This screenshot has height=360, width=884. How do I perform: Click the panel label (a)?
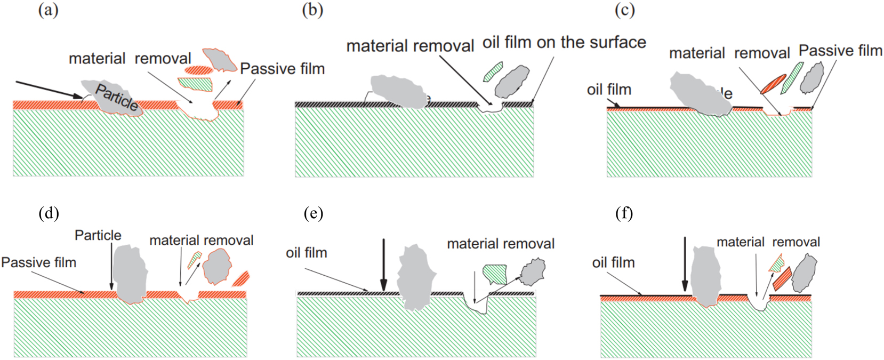click(x=48, y=10)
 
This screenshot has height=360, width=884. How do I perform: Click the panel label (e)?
click(x=314, y=213)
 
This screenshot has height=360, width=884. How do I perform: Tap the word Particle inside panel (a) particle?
click(x=117, y=98)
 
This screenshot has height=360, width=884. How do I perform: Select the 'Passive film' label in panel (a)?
click(x=282, y=69)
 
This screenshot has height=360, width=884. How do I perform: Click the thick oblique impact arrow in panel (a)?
click(x=48, y=89)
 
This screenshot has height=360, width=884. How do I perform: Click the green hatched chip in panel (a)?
click(x=195, y=83)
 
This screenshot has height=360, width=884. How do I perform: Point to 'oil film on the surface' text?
click(x=564, y=43)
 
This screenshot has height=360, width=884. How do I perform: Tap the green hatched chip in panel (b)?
click(x=493, y=71)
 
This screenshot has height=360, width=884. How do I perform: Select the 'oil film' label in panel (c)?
click(x=609, y=90)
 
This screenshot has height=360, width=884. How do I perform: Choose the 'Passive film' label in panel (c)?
click(x=840, y=51)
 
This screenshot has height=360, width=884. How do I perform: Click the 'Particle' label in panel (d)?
click(x=98, y=235)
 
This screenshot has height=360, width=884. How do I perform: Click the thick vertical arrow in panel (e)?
click(x=383, y=265)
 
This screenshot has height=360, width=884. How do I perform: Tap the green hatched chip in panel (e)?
click(x=494, y=273)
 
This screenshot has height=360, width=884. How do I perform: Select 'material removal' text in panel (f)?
click(x=768, y=242)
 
